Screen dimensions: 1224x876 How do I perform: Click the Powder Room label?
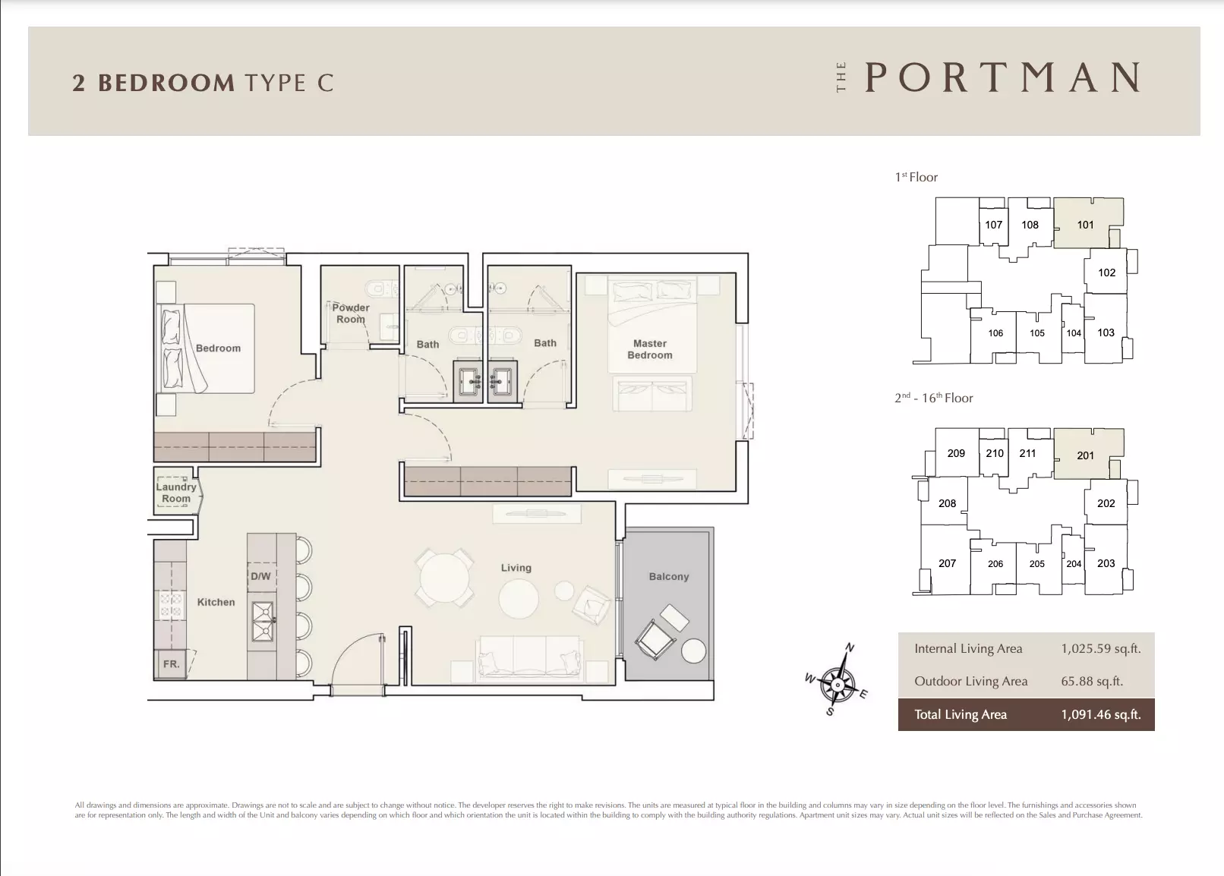pyautogui.click(x=351, y=314)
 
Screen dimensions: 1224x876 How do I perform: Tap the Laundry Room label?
pyautogui.click(x=176, y=493)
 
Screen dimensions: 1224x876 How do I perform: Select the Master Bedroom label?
pyautogui.click(x=650, y=349)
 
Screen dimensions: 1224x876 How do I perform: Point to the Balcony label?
pyautogui.click(x=669, y=576)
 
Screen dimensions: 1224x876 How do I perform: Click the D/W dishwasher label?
pyautogui.click(x=260, y=575)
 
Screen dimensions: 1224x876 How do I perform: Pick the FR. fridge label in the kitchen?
pyautogui.click(x=171, y=664)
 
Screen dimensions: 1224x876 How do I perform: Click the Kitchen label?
pyautogui.click(x=216, y=602)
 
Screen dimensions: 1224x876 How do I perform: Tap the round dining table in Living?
pyautogui.click(x=444, y=578)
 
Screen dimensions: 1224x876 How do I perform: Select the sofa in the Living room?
pyautogui.click(x=529, y=659)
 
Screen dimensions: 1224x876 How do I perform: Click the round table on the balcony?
pyautogui.click(x=693, y=651)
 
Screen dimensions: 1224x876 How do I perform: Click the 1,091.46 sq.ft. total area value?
pyautogui.click(x=1101, y=714)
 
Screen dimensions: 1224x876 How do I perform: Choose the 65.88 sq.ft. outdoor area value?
pyautogui.click(x=1092, y=681)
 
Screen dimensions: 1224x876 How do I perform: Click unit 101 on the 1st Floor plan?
pyautogui.click(x=1085, y=225)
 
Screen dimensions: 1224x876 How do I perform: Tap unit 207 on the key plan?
pyautogui.click(x=947, y=563)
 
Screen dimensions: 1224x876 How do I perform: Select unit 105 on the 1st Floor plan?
pyautogui.click(x=1037, y=333)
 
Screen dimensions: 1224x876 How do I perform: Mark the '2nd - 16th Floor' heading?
pyautogui.click(x=933, y=398)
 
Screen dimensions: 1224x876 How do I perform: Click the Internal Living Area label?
pyautogui.click(x=968, y=648)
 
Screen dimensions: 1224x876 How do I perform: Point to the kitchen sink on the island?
pyautogui.click(x=262, y=622)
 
